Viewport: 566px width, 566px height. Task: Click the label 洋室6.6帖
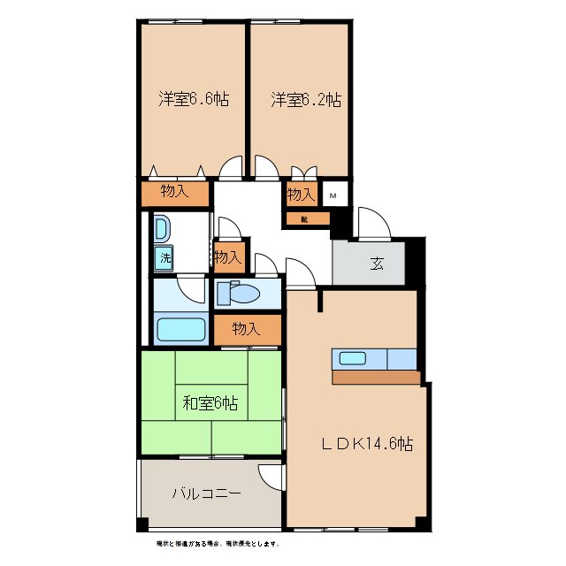(x=194, y=100)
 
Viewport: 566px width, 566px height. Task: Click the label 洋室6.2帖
(x=305, y=100)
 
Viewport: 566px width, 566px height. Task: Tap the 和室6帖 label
(x=210, y=404)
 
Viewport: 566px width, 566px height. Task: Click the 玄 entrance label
(x=377, y=263)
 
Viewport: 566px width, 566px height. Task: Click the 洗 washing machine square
(x=164, y=258)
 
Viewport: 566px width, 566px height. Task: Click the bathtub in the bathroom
(x=180, y=331)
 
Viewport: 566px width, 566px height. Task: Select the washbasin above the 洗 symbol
(x=162, y=230)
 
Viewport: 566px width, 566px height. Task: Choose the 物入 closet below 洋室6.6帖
(x=174, y=192)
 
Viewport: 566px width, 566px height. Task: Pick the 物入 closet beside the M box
(x=301, y=195)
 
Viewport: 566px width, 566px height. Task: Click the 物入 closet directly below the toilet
(x=246, y=329)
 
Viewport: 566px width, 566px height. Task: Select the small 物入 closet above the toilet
(x=228, y=257)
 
